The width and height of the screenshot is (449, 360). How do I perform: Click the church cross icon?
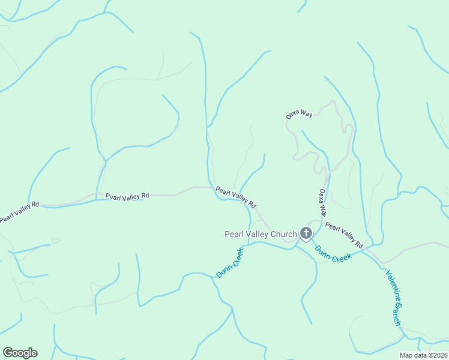click(x=306, y=233)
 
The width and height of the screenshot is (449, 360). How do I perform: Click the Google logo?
click(x=20, y=353)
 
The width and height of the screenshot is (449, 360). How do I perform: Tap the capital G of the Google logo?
click(x=8, y=353)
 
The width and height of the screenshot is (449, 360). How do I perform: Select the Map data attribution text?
click(x=424, y=355)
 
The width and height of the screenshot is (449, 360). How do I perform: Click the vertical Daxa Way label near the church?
click(x=323, y=203)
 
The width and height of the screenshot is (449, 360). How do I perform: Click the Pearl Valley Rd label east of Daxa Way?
click(x=345, y=236)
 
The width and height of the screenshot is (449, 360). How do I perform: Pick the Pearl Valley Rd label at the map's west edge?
click(x=19, y=212)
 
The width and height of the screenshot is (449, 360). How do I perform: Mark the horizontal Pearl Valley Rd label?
click(x=127, y=196)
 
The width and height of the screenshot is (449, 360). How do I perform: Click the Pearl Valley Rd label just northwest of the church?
click(x=236, y=196)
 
